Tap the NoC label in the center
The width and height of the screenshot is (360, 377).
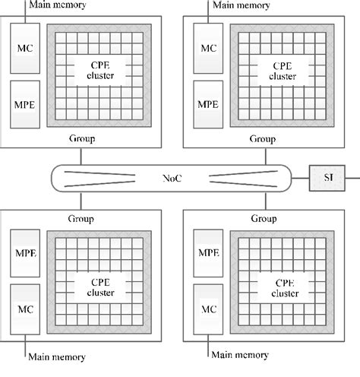click(172, 179)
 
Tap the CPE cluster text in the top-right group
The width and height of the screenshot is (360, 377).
click(283, 71)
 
